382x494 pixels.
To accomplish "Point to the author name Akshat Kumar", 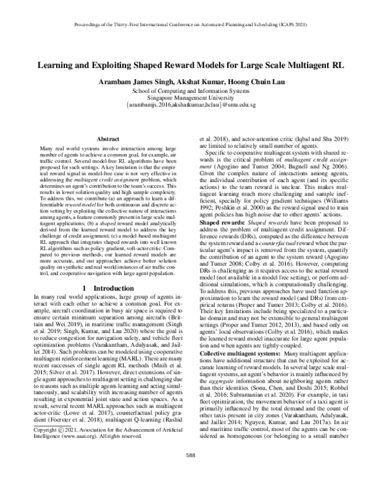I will pos(202,82).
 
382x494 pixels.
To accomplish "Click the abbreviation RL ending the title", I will pos(341,65).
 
